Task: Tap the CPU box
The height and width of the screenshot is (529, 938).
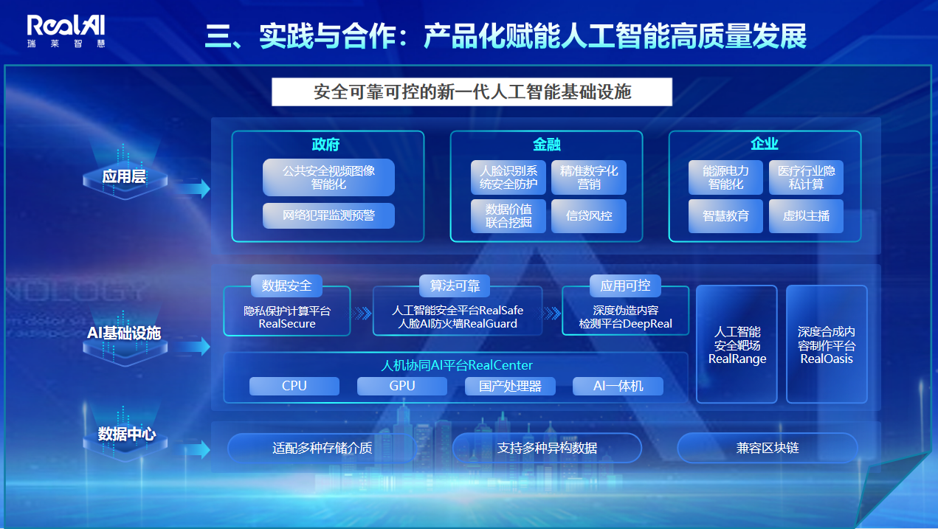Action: coord(294,386)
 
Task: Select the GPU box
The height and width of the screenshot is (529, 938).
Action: coord(402,386)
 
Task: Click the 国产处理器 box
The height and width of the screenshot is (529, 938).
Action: coord(510,386)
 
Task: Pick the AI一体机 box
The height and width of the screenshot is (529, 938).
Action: coord(618,386)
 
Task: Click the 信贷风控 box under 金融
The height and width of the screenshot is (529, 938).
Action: coord(589,216)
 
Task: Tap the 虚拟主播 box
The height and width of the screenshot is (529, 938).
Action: coord(806,216)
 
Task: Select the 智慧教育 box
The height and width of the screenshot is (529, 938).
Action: coord(725,216)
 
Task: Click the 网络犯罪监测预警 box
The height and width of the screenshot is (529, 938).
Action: coord(328,215)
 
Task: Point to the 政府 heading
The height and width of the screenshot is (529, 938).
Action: coord(325,145)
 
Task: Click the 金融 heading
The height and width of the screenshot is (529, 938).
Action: coord(546,145)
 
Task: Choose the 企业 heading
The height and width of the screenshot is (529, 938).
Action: coord(765,144)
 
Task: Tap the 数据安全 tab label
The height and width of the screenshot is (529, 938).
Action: coord(287,286)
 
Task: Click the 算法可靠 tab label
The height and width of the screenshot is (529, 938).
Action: coord(455,286)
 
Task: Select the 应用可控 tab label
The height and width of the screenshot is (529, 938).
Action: coord(625,286)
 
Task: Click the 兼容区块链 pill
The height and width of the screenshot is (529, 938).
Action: coord(768,449)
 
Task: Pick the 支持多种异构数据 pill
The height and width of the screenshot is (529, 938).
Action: coord(547,449)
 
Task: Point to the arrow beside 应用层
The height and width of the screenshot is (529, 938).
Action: coord(193,188)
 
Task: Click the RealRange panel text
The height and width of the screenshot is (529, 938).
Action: coord(737,345)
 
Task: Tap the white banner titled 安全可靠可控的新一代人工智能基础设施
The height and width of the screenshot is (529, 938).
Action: coord(472,92)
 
